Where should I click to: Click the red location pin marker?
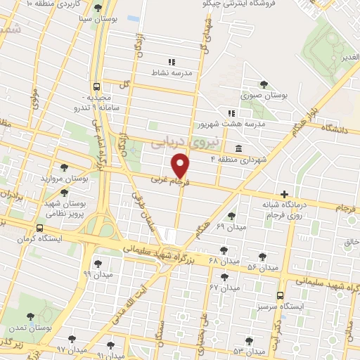[181, 165]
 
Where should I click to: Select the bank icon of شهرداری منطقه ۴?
[239, 148]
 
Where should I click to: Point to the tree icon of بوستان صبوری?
[264, 84]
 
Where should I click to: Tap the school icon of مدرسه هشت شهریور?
[230, 112]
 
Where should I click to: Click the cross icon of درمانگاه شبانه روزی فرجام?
[284, 194]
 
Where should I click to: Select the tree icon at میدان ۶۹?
[232, 215]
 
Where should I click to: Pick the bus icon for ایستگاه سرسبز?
[281, 296]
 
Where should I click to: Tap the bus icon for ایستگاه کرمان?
[39, 229]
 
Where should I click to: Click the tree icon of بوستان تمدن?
[30, 316]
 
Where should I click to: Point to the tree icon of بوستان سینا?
[96, 8]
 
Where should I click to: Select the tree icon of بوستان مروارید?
[64, 167]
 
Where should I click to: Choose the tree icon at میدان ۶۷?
[225, 276]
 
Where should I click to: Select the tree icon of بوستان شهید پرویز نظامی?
[64, 192]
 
